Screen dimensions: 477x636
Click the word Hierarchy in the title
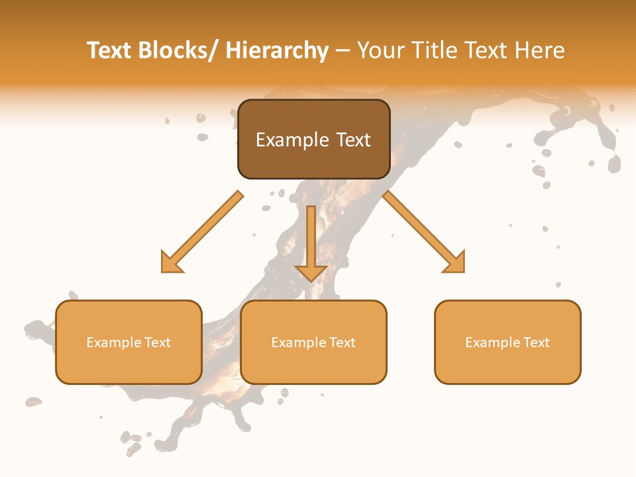pos(277,50)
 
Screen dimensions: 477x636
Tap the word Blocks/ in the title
pos(180,50)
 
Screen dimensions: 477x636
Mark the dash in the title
pos(343,50)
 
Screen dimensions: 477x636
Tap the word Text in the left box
pos(158,343)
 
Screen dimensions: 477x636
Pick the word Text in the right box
pos(537,343)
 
